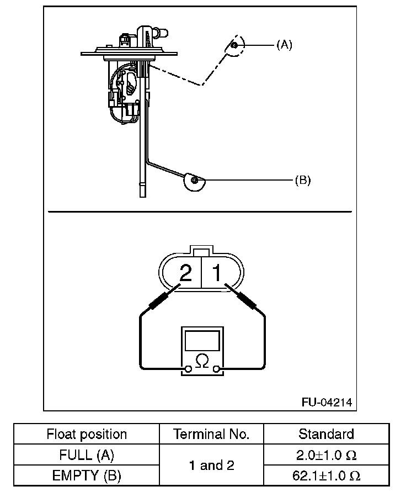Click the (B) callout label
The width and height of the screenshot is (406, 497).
302,180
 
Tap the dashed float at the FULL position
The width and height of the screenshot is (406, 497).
233,47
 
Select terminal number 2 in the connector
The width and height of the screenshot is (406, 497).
186,273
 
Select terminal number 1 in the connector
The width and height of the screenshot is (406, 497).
217,273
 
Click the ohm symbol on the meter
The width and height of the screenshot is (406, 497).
202,362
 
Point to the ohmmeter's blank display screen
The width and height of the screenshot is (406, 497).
202,341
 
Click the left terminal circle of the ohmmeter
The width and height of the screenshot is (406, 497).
189,369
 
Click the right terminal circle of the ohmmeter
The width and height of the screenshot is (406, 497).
217,369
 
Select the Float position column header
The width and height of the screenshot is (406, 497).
87,434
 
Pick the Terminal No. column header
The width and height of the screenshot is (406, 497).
211,434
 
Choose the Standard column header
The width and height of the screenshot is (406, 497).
326,434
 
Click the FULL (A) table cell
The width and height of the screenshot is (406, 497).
87,456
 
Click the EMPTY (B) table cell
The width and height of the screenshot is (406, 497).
87,475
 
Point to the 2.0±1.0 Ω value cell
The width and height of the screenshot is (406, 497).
326,456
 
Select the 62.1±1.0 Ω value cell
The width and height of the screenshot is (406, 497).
326,475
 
